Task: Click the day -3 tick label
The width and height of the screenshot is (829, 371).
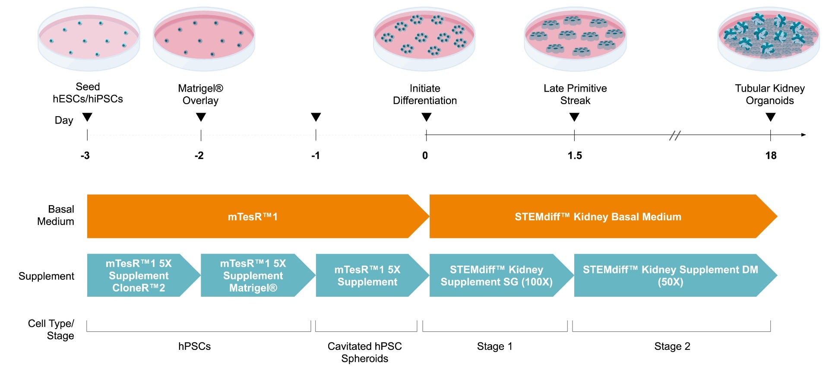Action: click(x=85, y=155)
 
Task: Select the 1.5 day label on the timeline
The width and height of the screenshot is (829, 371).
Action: click(x=575, y=155)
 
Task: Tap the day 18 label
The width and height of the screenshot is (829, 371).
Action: click(x=771, y=155)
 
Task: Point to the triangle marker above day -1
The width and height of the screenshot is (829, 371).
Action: click(x=316, y=117)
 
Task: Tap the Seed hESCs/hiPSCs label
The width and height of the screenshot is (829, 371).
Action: click(x=88, y=93)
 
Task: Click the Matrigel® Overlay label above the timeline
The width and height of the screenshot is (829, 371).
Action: click(x=201, y=95)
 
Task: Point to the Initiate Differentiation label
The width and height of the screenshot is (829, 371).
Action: click(x=425, y=95)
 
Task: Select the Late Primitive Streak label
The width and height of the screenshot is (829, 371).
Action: click(x=575, y=95)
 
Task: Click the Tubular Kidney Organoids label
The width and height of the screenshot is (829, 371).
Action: click(x=770, y=95)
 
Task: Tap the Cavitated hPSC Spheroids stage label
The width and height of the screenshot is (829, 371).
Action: click(x=365, y=352)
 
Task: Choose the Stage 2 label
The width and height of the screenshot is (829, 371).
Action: click(x=672, y=346)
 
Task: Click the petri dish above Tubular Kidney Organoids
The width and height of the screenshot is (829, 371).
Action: click(x=769, y=39)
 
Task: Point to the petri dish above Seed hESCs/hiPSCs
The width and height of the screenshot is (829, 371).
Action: click(x=89, y=39)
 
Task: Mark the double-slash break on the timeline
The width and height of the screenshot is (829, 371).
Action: click(x=675, y=135)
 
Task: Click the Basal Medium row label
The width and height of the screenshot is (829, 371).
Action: click(x=56, y=215)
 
